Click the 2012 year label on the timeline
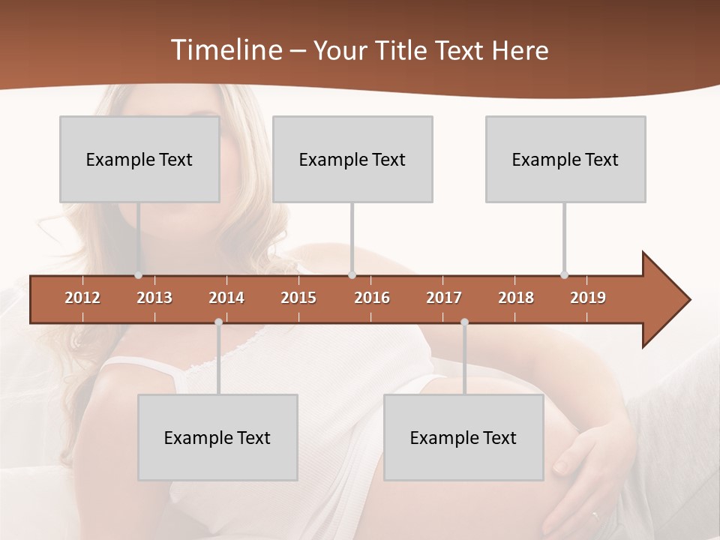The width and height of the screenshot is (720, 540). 82,298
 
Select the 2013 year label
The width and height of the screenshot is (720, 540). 154,298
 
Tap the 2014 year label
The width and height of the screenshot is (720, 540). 226,298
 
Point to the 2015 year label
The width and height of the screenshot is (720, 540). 298,298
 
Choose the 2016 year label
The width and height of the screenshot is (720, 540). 372,298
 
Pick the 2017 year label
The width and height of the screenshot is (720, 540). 444,298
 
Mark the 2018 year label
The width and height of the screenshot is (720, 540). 516,298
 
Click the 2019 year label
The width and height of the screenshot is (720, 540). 588,298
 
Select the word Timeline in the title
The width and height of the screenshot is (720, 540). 224,50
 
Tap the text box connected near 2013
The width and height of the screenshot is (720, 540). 139,159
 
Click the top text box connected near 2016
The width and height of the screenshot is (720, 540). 352,159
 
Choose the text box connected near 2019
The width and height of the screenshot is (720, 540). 565,159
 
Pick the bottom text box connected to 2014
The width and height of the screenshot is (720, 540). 217,437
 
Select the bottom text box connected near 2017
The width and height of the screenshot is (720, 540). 463,437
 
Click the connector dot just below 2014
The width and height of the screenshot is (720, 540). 218,322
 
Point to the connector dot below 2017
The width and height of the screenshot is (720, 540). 464,322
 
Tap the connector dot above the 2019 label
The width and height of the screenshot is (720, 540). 564,274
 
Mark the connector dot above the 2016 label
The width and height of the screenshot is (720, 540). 352,274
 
